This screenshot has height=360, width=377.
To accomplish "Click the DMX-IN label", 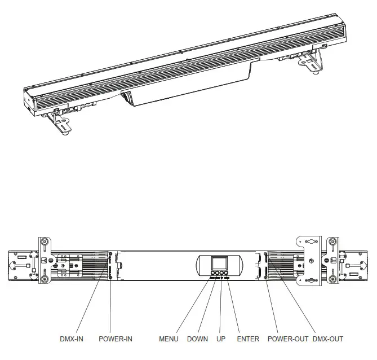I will point(73,339).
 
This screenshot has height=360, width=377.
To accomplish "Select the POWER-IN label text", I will point(116,339).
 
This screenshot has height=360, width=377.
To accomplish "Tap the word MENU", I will point(168,339).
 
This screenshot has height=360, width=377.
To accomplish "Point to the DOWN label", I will point(197,339).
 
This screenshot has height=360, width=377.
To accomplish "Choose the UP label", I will point(221,339).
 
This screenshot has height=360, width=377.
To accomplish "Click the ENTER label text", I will point(248,339).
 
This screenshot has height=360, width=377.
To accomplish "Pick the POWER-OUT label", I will point(287,339).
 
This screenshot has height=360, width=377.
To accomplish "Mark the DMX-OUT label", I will point(327,339).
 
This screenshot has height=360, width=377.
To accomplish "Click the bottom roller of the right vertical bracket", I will point(333,279).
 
